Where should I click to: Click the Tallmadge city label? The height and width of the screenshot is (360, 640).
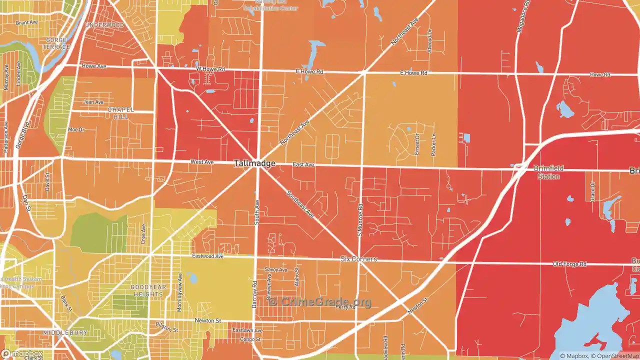[x=254, y=163]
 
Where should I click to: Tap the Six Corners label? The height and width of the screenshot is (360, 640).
[x=358, y=259]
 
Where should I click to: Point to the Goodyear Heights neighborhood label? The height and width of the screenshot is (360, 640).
[x=147, y=290]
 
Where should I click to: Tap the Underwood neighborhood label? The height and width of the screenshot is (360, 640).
[x=104, y=25]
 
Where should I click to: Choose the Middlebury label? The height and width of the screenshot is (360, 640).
[x=65, y=332]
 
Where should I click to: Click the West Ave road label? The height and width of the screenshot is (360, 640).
[x=201, y=162]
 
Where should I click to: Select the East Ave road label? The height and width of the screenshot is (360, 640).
[x=303, y=164]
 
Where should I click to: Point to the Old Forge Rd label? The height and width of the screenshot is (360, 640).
[x=569, y=264]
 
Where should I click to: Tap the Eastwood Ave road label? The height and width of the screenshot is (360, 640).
[x=207, y=256]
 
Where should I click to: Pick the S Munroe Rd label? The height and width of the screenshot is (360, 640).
[x=359, y=220]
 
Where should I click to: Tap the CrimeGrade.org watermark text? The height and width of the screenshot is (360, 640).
[x=320, y=301]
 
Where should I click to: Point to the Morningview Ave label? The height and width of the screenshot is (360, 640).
[x=179, y=292]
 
